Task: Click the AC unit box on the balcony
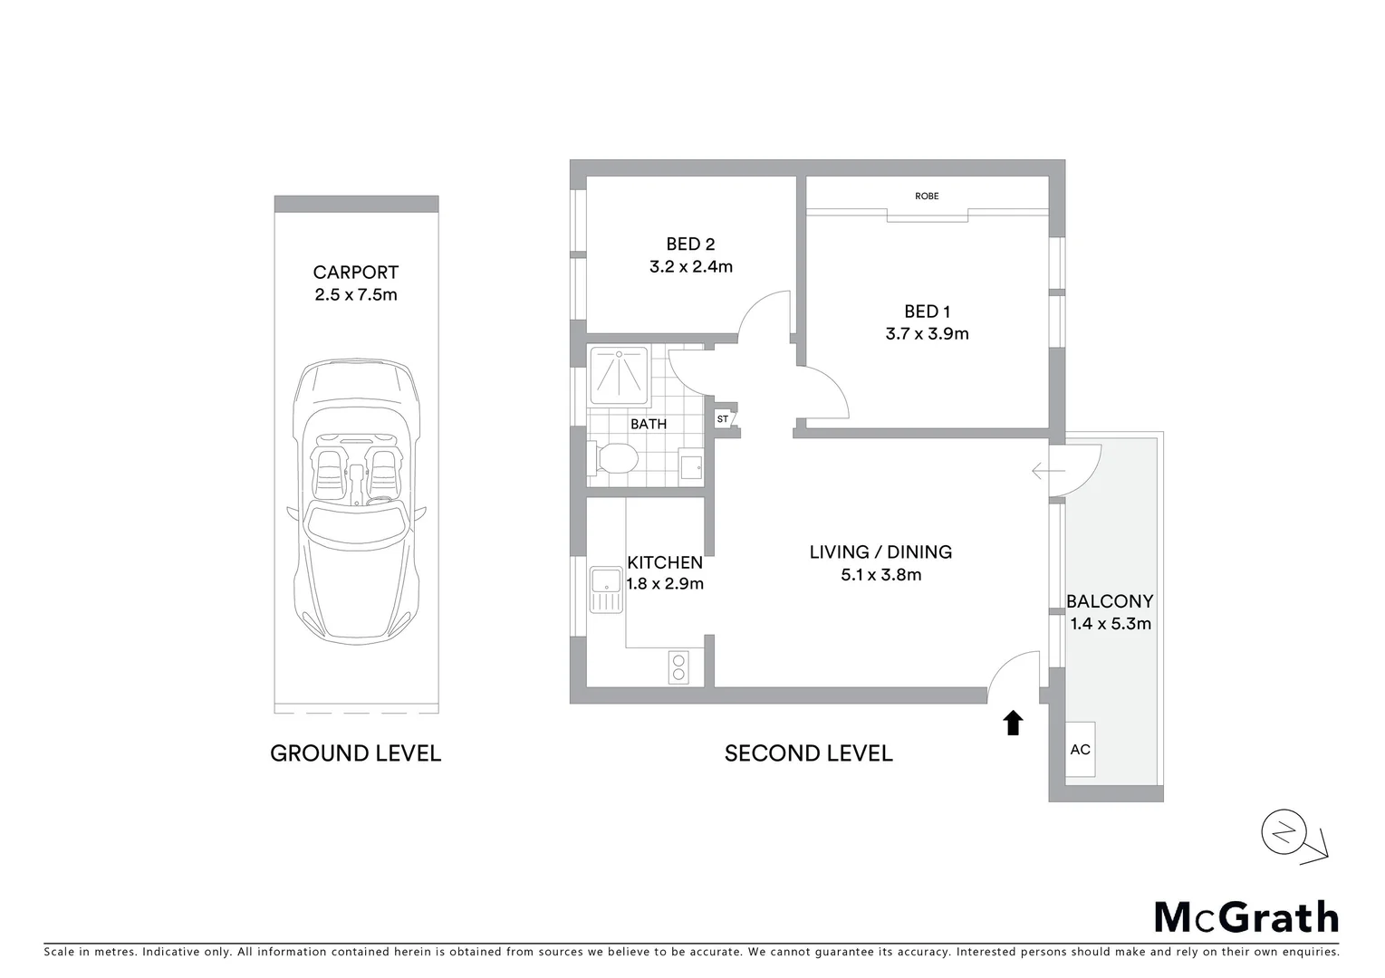coord(1080,749)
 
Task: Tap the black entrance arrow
coord(1013,722)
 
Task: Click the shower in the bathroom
coord(619,375)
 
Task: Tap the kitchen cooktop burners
coord(678,667)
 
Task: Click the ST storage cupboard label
coord(723,419)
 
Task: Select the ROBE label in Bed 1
coord(927,196)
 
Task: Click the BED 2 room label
coord(690,244)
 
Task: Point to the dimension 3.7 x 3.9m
coord(927,333)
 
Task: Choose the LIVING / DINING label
coord(880,551)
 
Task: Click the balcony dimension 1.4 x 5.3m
coord(1111,623)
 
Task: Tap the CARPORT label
coord(355,272)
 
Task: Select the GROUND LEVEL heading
coord(355,753)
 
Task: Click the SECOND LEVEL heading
coord(808,753)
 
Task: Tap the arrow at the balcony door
coord(1048,471)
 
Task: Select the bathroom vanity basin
coord(691,466)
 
